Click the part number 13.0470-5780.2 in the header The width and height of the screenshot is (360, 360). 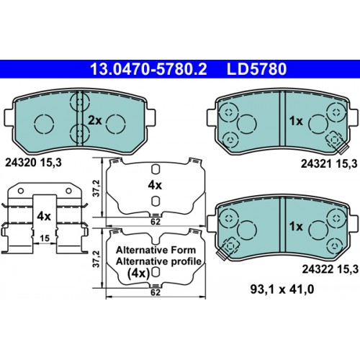(148, 69)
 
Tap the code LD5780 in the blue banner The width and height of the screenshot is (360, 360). (256, 69)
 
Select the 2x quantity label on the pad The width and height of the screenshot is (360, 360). (95, 120)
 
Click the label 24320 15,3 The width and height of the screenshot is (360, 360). (33, 163)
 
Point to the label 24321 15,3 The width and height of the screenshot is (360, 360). (329, 163)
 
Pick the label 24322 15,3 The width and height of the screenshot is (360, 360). (330, 269)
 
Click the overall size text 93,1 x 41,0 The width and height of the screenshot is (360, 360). (282, 289)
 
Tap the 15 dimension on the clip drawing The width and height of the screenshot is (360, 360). (45, 238)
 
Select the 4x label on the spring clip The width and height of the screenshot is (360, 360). (44, 216)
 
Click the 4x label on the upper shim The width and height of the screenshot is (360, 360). (155, 185)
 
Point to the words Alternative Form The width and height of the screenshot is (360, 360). (156, 250)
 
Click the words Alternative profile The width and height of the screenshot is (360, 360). (158, 261)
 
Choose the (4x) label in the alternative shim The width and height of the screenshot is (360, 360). (139, 273)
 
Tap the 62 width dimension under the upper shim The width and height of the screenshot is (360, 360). (156, 222)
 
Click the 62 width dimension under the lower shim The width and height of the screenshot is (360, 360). (156, 292)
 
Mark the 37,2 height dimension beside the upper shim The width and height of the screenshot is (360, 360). (96, 189)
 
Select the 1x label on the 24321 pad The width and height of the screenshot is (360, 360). (296, 121)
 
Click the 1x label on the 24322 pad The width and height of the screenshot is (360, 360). (296, 226)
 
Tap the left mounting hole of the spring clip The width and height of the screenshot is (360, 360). (21, 191)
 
